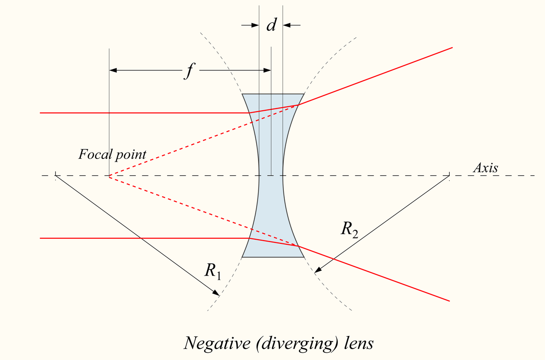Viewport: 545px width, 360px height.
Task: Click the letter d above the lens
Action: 271,25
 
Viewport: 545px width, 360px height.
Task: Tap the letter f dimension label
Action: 186,72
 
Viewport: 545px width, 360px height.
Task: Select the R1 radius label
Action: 213,271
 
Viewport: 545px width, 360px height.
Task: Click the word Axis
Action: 486,168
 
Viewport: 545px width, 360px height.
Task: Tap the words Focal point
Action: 112,154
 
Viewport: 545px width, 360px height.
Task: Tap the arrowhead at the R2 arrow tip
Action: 317,271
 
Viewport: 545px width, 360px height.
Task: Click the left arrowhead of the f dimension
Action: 114,70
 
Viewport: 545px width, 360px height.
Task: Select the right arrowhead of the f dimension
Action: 267,70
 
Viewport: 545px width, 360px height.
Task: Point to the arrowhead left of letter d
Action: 254,25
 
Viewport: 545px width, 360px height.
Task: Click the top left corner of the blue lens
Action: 243,94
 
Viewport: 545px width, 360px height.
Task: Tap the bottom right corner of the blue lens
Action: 303,257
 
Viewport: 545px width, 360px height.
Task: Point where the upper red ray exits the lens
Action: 298,105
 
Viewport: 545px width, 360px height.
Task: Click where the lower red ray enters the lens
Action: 249,238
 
